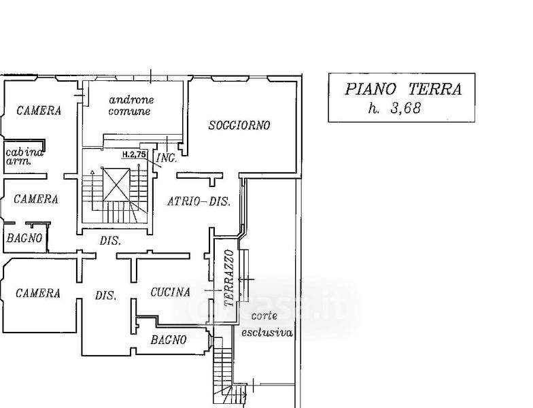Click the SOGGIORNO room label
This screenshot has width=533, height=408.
point(239,125)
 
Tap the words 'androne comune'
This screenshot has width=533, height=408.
point(129,105)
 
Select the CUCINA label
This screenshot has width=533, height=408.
point(170,292)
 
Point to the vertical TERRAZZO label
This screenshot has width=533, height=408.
point(229,279)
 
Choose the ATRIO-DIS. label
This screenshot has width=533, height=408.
point(199,201)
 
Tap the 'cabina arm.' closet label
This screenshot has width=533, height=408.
point(24,157)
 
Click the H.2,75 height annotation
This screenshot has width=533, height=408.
point(135,154)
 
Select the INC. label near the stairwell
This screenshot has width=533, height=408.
point(167,158)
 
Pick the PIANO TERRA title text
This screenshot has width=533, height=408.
point(403,89)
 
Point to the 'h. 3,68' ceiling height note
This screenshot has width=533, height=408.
point(394,107)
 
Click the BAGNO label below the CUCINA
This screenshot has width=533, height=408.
point(169,340)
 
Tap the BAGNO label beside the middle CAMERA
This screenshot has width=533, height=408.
point(25,238)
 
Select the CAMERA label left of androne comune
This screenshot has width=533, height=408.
point(39,110)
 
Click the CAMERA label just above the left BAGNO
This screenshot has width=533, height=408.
point(35,199)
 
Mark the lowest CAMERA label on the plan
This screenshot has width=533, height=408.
point(38,294)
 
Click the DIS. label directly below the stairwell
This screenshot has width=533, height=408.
point(110,241)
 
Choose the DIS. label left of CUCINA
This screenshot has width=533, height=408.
point(105,296)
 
